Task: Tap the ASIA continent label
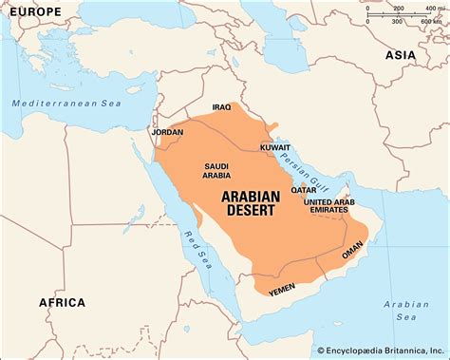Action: point(401,56)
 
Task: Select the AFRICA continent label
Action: point(61,302)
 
